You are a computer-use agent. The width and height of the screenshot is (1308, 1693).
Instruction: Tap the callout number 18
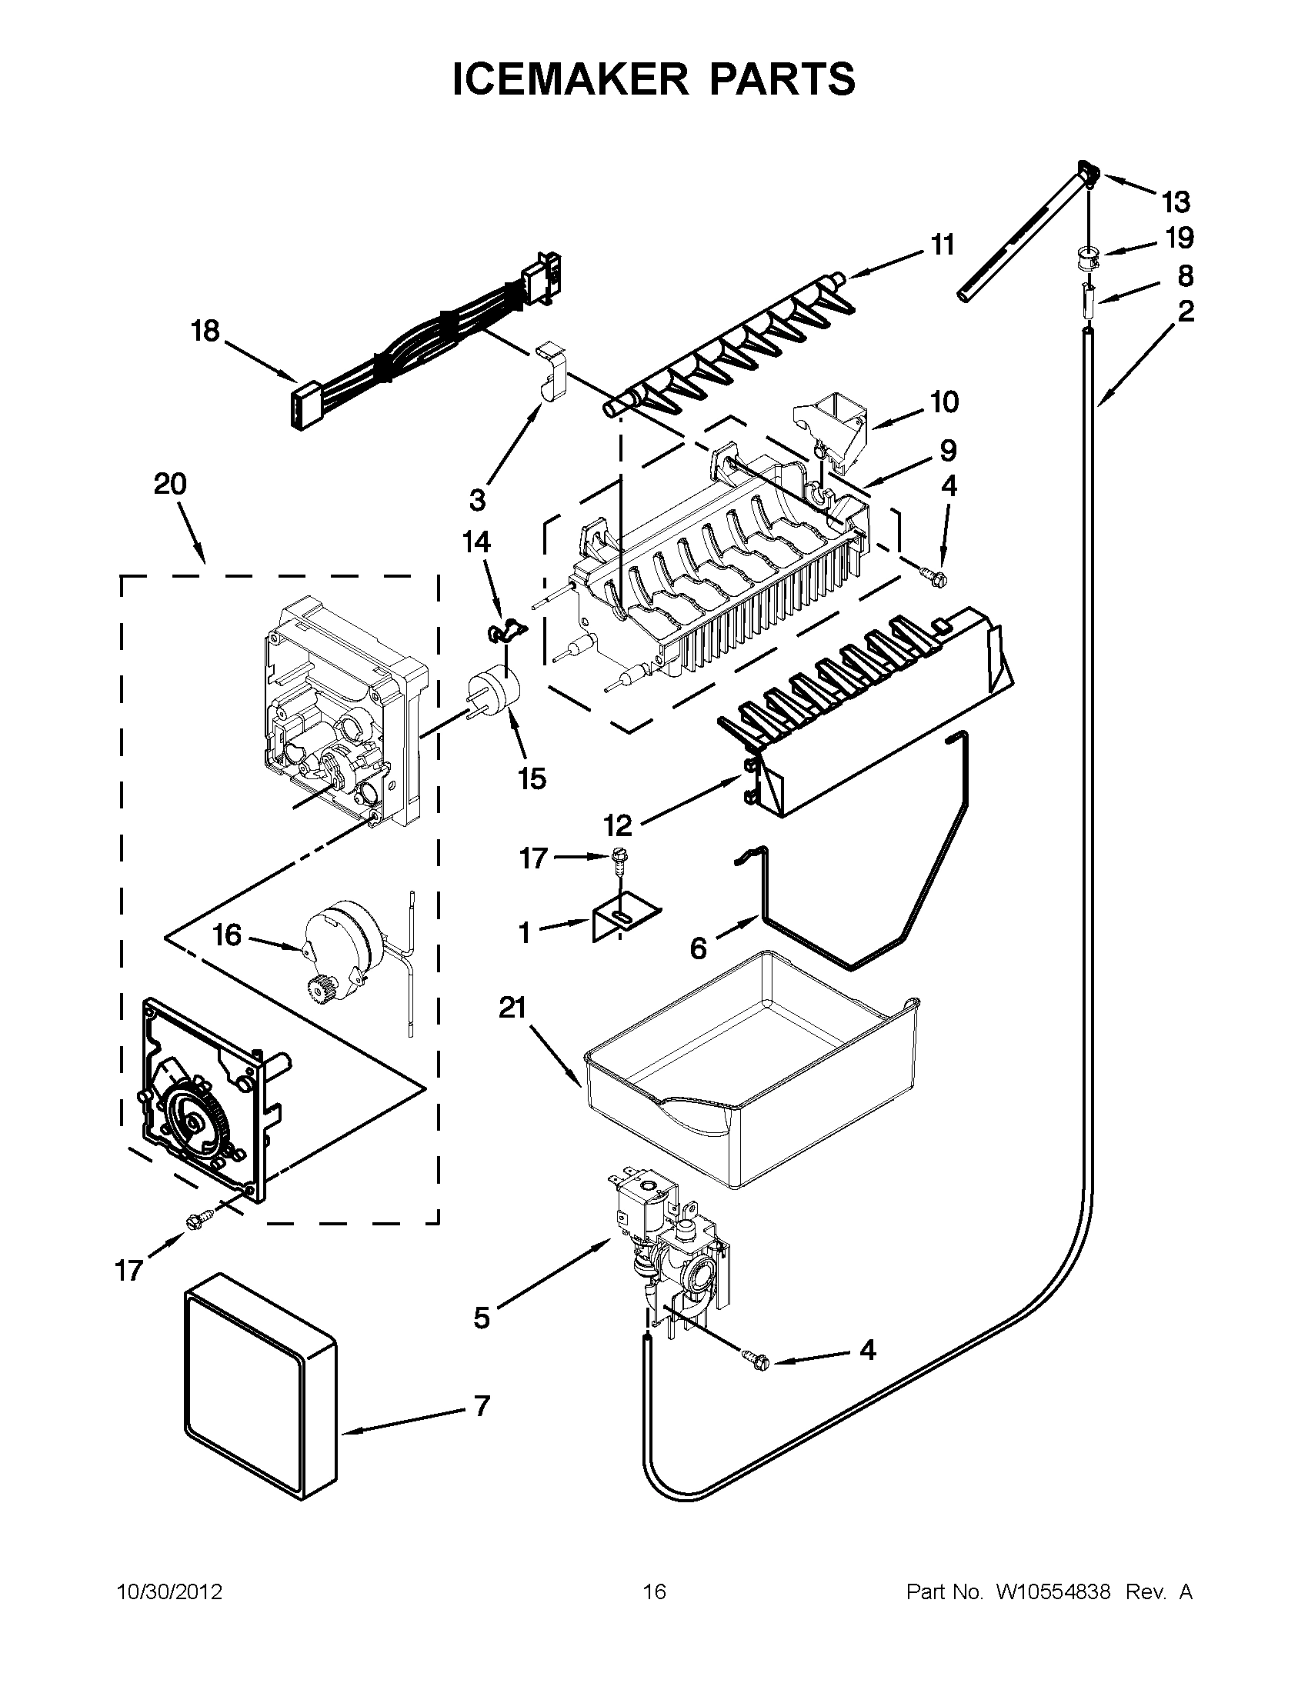pos(205,332)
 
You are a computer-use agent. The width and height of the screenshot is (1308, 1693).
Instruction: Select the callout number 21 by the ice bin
pos(512,1008)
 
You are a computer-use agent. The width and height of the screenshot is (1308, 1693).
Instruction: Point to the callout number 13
pos(1176,203)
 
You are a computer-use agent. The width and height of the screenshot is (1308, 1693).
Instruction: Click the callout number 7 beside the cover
pos(482,1405)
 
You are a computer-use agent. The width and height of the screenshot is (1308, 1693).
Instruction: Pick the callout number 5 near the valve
pos(482,1318)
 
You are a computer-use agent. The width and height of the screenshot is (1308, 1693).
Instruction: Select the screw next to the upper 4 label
pos(933,576)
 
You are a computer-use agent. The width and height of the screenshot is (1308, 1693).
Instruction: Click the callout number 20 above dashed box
pos(170,485)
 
